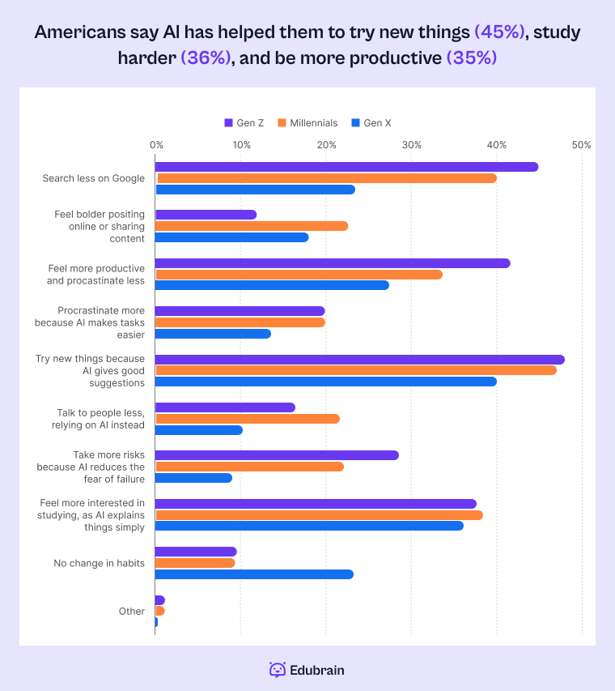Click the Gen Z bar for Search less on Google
(x=346, y=167)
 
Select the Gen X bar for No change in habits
(x=254, y=574)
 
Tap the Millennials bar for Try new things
(x=356, y=370)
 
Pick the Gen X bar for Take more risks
(x=194, y=478)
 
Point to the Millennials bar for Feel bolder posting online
(x=252, y=226)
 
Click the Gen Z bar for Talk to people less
(x=225, y=407)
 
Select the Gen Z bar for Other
(x=160, y=600)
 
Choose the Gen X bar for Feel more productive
(x=272, y=285)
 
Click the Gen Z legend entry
(x=244, y=123)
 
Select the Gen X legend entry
(x=371, y=123)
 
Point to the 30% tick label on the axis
(x=411, y=145)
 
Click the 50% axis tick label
(x=581, y=145)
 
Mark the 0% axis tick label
(x=156, y=145)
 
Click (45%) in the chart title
(x=499, y=33)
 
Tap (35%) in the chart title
(x=472, y=58)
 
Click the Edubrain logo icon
(x=278, y=670)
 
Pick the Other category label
(x=132, y=612)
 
